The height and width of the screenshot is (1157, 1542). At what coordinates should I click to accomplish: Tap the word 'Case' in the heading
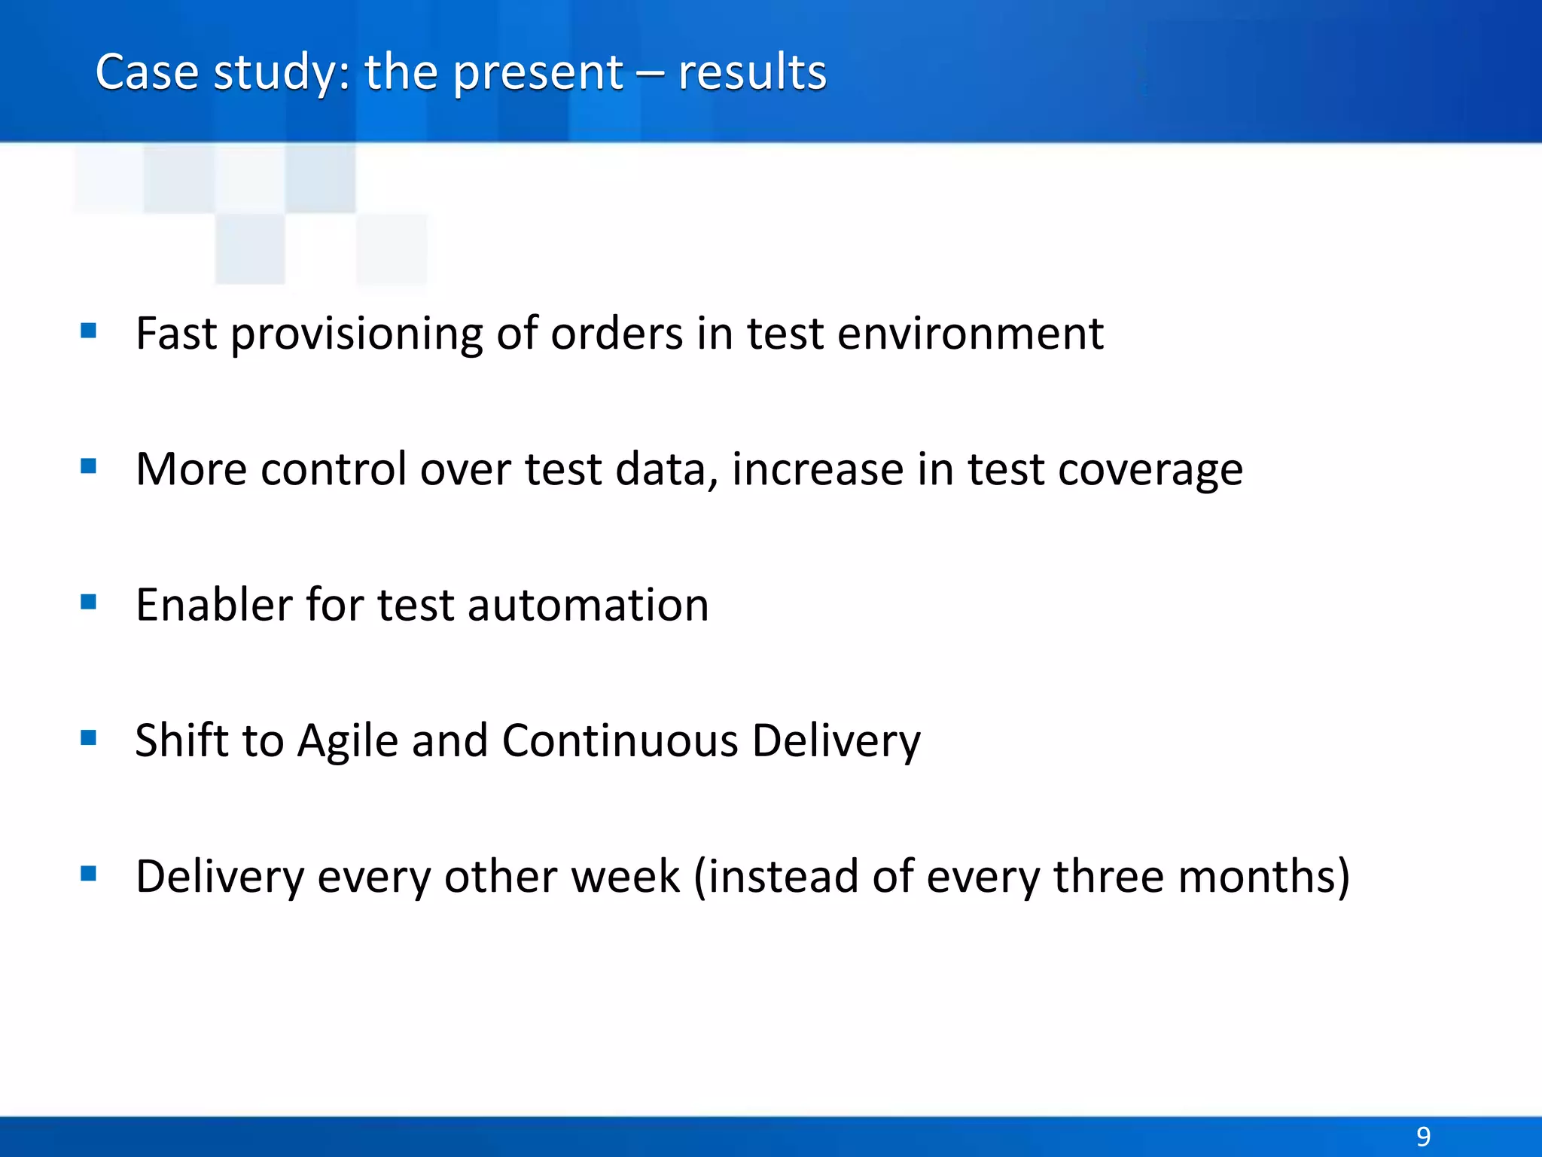click(147, 73)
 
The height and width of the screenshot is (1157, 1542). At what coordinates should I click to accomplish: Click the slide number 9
click(1423, 1136)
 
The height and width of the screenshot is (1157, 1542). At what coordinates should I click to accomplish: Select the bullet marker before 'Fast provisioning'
click(89, 331)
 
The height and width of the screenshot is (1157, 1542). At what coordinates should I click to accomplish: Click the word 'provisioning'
click(356, 335)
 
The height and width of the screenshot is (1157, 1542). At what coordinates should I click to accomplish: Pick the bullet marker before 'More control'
click(89, 466)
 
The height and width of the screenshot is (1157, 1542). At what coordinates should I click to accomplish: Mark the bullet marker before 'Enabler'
click(89, 602)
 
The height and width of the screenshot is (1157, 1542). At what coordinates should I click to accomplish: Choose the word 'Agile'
click(347, 742)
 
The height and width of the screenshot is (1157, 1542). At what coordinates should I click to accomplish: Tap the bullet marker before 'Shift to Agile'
click(89, 737)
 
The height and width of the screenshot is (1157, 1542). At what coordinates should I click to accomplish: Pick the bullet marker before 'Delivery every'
click(89, 874)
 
